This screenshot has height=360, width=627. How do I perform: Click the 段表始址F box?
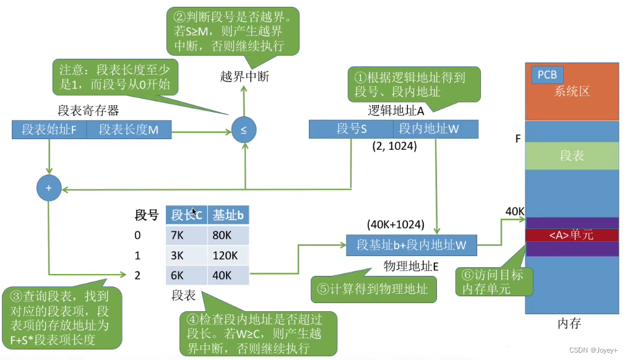(x=49, y=130)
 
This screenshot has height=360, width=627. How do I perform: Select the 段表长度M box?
(x=129, y=130)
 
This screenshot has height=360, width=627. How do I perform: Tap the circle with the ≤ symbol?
(x=243, y=131)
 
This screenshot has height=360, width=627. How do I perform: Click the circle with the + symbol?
(x=48, y=188)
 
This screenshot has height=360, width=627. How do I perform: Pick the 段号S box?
(x=351, y=129)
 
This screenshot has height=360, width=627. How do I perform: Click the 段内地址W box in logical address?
(x=435, y=129)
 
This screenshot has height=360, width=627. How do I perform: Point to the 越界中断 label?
(x=244, y=77)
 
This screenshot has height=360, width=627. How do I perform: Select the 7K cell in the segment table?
(x=186, y=235)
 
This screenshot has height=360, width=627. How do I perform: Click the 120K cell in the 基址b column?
(x=228, y=255)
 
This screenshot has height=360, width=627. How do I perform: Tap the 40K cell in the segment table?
(x=228, y=275)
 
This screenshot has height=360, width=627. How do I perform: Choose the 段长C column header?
(x=186, y=215)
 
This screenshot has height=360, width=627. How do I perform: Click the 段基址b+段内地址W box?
(x=412, y=245)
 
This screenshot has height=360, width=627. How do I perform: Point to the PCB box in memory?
(x=547, y=75)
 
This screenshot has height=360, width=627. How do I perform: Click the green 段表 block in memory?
(x=571, y=156)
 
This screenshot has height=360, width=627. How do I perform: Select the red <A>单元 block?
(x=571, y=235)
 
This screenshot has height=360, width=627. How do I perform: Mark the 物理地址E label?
(x=411, y=267)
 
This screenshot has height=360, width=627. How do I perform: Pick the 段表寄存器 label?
(x=89, y=111)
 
